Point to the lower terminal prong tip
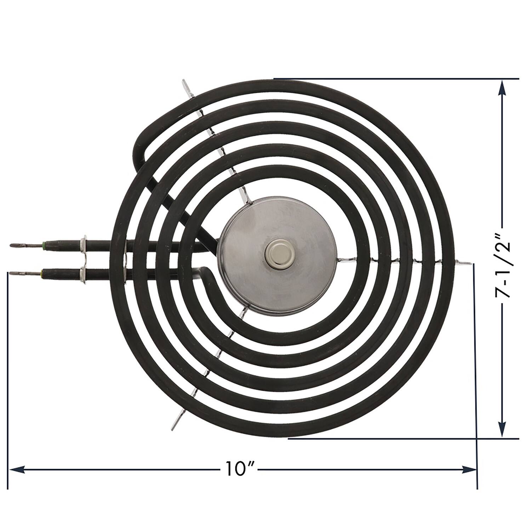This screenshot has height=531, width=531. (x=11, y=273)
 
